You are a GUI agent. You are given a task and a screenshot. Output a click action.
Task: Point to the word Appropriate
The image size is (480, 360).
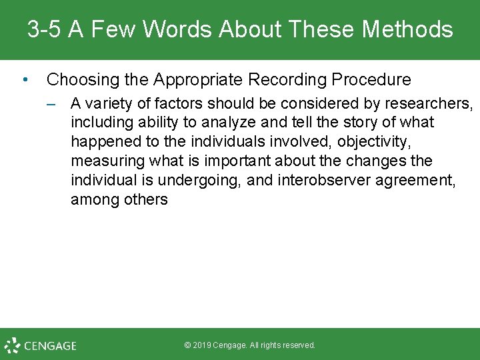click(198, 80)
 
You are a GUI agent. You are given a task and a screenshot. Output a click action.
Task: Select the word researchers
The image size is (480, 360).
click(433, 103)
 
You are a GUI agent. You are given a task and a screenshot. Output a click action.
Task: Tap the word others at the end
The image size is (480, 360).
click(146, 200)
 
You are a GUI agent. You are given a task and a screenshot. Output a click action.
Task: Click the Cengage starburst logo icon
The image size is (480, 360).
click(12, 345)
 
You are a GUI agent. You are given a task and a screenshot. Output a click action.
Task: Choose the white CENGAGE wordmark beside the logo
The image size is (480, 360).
click(51, 346)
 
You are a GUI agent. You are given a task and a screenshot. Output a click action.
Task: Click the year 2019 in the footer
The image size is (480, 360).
click(204, 345)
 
